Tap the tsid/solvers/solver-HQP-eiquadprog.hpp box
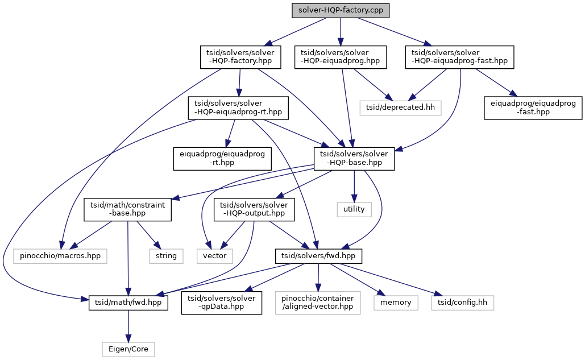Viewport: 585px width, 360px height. point(341,57)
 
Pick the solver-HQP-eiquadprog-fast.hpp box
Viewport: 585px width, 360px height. point(459,57)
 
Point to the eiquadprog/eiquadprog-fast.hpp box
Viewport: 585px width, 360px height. point(533,107)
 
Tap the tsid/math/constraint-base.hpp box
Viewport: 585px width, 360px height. point(128,209)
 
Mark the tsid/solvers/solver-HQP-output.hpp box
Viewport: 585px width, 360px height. point(254,209)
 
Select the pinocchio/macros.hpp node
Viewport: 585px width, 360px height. point(60,256)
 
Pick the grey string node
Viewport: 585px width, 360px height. point(167,256)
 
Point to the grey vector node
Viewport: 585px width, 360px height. point(215,256)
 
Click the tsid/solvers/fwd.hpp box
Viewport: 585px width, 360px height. point(318,256)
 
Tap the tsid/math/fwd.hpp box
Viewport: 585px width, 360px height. point(128,302)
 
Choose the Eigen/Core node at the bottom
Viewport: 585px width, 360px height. point(128,349)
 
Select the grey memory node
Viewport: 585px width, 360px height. point(396,302)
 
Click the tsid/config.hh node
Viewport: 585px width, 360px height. point(462,302)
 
